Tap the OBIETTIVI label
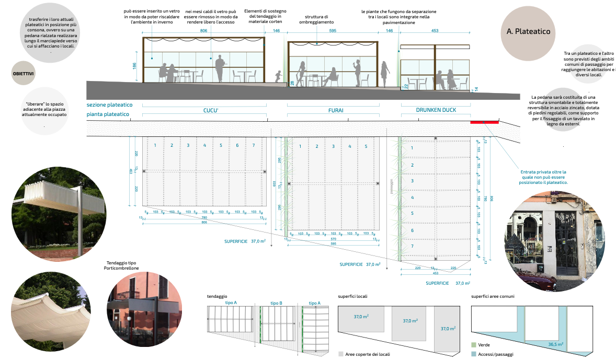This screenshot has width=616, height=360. tap(23, 74)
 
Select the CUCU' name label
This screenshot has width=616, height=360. tap(210, 111)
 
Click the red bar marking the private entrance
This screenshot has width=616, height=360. tap(484, 122)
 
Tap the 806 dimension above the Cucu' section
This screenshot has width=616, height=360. tap(204, 31)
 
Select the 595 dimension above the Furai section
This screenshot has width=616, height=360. tap(333, 31)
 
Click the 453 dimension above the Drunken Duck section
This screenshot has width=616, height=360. tap(435, 31)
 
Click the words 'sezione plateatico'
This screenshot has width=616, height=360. tap(109, 105)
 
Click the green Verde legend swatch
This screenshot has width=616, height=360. tap(474, 345)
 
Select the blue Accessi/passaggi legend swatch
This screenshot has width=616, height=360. tap(474, 354)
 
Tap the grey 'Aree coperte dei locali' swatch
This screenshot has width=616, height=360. tap(341, 354)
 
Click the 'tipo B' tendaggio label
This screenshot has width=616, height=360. tap(276, 303)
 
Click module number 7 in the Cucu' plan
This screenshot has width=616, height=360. tap(254, 145)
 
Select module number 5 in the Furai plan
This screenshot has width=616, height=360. tap(366, 146)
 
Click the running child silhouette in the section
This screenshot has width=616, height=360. tap(278, 76)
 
